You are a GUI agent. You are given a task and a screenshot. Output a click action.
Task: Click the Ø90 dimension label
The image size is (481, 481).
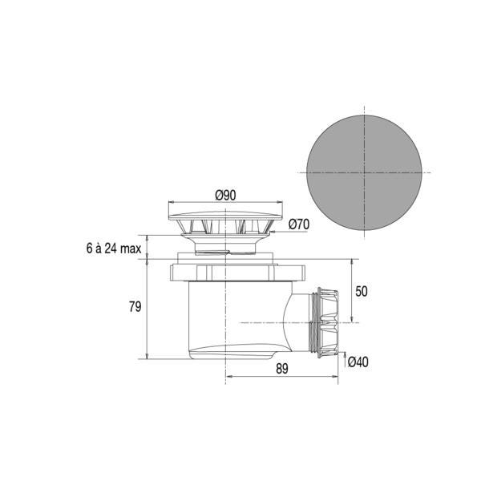pos(225,196)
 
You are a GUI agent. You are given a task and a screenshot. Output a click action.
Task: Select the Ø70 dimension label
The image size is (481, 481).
pos(299,224)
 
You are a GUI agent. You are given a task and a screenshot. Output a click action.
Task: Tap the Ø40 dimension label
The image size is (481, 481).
pos(358,362)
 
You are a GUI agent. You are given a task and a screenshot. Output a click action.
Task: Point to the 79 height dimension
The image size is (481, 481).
pos(135,306)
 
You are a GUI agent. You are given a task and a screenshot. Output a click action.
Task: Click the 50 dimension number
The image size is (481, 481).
pos(362,292)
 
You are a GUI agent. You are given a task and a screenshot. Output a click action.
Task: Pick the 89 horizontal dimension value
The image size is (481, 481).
pos(282,369)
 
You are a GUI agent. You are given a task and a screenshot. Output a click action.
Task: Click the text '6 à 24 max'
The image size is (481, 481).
pos(114,249)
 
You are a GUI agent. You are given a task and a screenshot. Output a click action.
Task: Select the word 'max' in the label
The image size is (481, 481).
pos(131,249)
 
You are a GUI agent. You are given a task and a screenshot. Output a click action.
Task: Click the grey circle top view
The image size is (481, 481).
pos(364,172)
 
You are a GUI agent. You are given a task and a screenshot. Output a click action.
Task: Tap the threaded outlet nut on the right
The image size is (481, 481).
pos(327,322)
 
